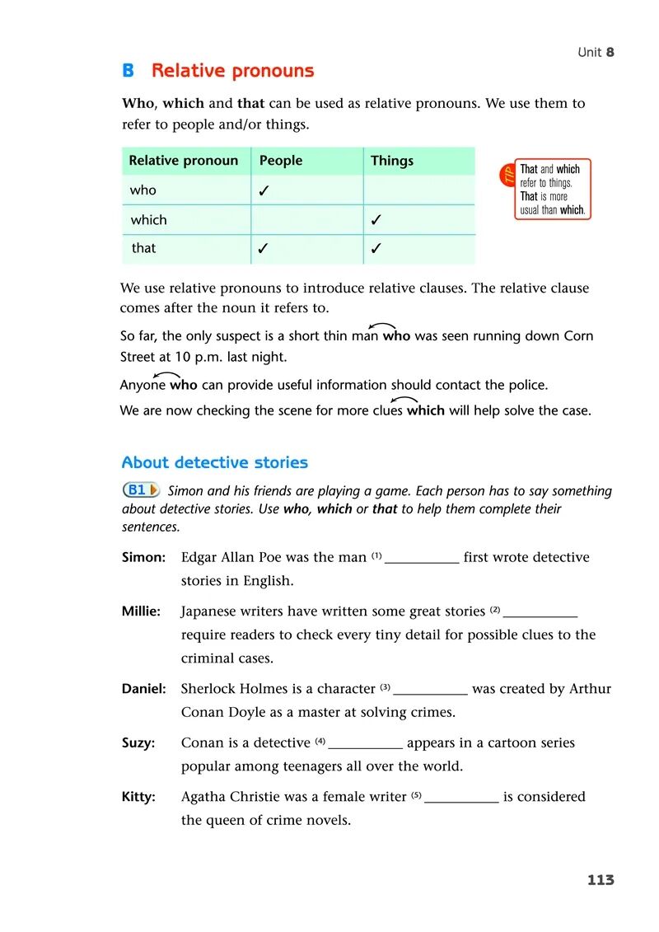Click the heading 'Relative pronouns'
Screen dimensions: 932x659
coord(232,71)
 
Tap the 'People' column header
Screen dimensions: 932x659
coord(281,161)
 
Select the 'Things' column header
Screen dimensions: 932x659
coord(392,161)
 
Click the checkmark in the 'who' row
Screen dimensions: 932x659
coord(264,191)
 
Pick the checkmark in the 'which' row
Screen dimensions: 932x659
coord(376,221)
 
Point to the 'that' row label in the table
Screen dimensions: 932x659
coord(143,248)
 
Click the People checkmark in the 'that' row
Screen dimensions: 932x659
coord(264,249)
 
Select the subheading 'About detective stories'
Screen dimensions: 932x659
coord(214,462)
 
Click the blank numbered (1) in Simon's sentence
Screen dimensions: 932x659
coord(422,559)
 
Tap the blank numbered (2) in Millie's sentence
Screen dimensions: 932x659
coord(540,613)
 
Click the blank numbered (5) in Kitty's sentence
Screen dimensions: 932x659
coord(461,799)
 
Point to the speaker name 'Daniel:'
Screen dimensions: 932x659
coord(144,689)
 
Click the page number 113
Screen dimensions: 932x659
coord(601,880)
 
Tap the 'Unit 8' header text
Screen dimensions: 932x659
coord(596,52)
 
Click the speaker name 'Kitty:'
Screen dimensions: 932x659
coord(138,797)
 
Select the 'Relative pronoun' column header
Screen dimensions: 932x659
coord(183,161)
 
